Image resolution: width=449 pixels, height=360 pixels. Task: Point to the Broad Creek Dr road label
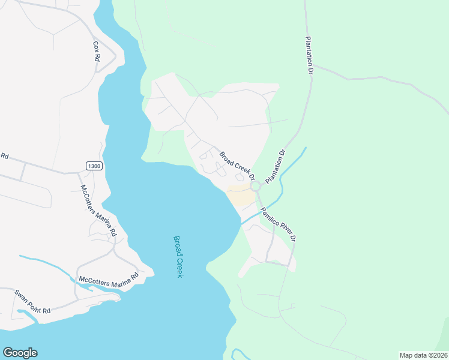tap(237, 166)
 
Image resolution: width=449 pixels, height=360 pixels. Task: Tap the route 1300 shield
tap(93, 166)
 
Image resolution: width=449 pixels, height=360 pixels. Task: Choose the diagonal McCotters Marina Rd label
tap(98, 210)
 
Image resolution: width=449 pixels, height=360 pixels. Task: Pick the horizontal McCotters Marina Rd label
tap(109, 278)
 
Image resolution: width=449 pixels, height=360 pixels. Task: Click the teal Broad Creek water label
tap(178, 256)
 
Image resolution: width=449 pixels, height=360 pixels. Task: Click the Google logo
tap(20, 353)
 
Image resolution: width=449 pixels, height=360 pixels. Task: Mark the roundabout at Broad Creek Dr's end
tap(256, 187)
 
